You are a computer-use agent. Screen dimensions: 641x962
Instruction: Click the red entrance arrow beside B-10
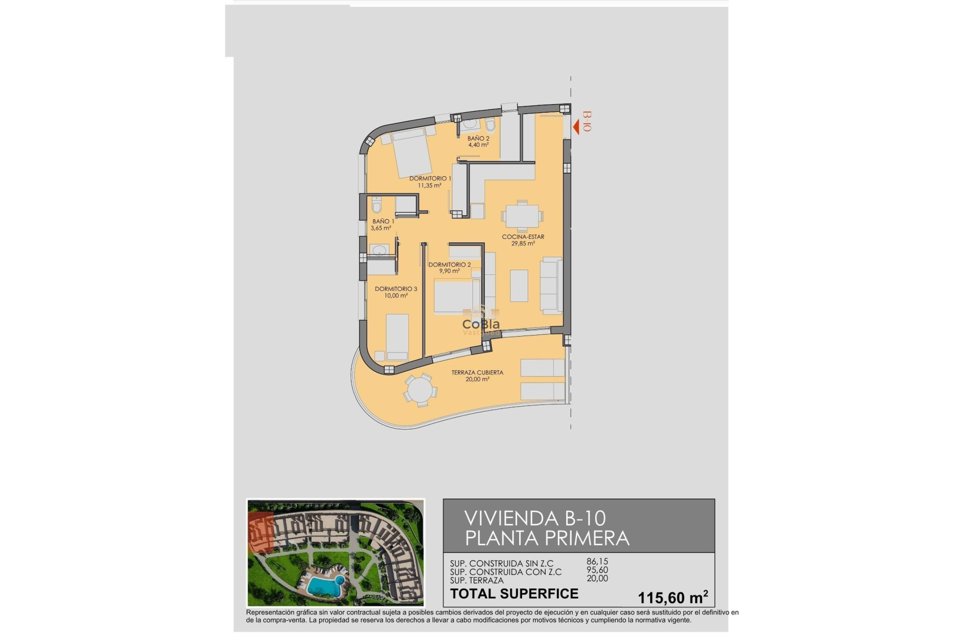click(576, 127)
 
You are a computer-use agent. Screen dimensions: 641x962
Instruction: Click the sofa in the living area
click(552, 286)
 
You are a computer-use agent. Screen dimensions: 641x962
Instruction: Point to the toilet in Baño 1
click(377, 205)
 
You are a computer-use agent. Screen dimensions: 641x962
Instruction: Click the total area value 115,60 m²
click(672, 597)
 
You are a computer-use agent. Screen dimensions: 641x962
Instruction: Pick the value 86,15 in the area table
click(597, 562)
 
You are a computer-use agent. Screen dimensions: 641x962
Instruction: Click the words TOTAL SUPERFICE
click(514, 594)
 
